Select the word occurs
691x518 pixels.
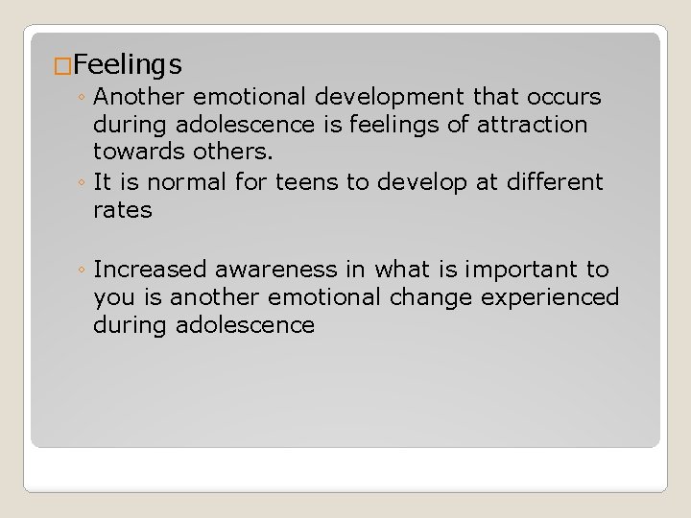[561, 97]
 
